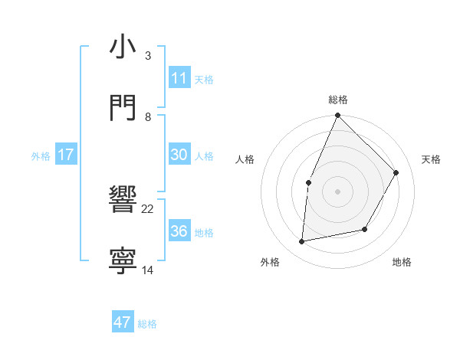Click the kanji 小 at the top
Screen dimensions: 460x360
(123, 47)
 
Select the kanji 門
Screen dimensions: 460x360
(123, 107)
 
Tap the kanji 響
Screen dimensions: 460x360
(123, 201)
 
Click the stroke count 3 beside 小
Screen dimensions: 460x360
(148, 56)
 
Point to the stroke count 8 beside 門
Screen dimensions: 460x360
(148, 116)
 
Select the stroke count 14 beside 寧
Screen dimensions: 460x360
(148, 270)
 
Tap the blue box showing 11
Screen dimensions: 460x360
(179, 78)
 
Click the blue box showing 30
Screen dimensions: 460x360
(179, 155)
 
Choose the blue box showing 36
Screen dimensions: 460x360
(179, 231)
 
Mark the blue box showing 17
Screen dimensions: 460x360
(66, 155)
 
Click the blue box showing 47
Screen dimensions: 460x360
(123, 322)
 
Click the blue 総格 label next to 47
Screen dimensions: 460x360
(147, 324)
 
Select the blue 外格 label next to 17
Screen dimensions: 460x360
(41, 156)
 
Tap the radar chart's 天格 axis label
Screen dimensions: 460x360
(431, 159)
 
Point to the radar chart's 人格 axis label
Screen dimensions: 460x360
(245, 159)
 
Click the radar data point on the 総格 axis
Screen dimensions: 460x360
(337, 115)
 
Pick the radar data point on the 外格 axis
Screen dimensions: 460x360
(302, 242)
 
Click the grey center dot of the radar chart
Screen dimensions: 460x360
(337, 191)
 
